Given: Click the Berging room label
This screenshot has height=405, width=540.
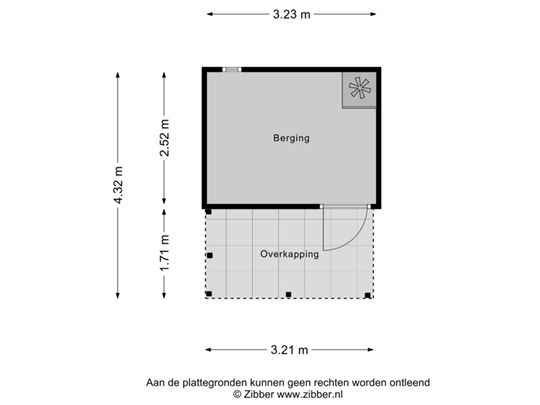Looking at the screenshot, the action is (291, 138).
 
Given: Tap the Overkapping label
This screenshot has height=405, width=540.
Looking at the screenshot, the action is (289, 254).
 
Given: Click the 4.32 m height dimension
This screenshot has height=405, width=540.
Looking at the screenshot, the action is (118, 185).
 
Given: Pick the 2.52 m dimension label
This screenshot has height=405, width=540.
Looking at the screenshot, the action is (164, 139).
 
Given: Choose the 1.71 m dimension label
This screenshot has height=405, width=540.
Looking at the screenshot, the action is (164, 253).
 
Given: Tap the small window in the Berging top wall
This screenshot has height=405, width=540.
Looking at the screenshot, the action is (232, 70).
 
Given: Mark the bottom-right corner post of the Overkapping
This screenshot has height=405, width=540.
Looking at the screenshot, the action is (367, 294).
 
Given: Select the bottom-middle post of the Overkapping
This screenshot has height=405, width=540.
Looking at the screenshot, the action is (289, 294).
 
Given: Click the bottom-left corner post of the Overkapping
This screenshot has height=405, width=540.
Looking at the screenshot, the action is (209, 294).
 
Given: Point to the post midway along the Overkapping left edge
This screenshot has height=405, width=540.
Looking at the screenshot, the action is (210, 256).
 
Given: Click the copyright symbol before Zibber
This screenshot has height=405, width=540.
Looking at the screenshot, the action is (237, 393).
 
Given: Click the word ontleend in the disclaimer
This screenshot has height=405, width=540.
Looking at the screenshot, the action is (409, 382).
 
